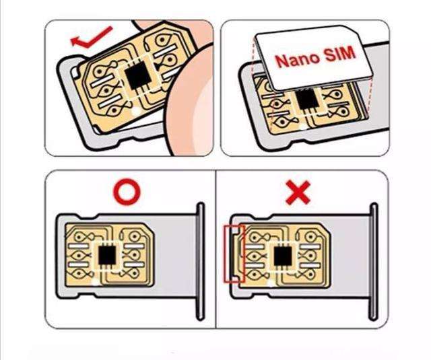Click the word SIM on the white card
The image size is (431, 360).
(x=340, y=53)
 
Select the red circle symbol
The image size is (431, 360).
(x=127, y=192)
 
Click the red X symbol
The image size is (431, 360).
(x=298, y=192)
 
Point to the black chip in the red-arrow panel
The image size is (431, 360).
(x=137, y=75)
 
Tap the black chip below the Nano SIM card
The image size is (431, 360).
(x=307, y=99)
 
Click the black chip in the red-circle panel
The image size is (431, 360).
(x=107, y=255)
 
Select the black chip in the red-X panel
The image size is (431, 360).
(x=283, y=256)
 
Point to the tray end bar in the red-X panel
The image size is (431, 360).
(x=374, y=261)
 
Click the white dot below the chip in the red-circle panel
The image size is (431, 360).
(x=96, y=282)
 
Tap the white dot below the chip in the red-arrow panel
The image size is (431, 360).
(x=135, y=111)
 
